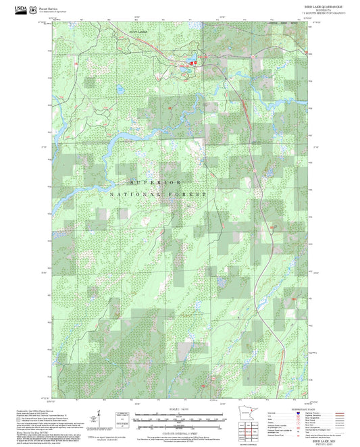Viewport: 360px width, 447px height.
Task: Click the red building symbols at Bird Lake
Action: (x=192, y=63)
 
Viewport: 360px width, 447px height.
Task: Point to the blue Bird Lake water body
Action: (x=184, y=65)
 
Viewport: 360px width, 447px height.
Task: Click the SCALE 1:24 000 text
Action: (x=180, y=409)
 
